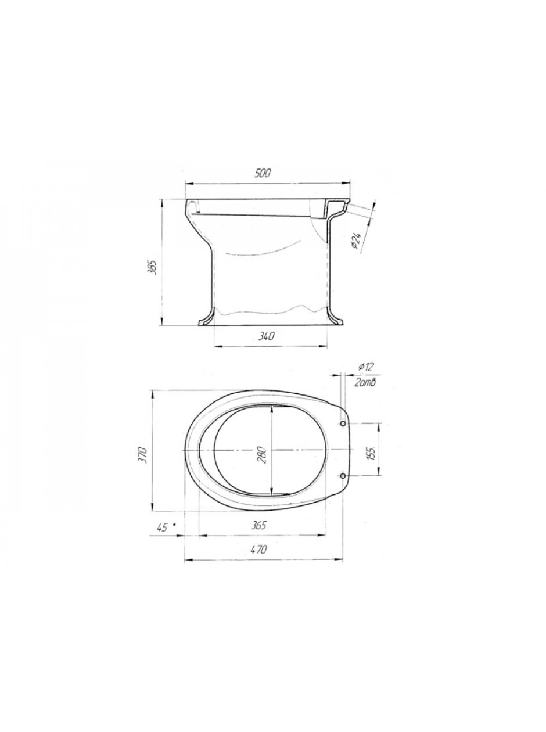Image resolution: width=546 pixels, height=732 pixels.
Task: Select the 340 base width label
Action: coord(266,337)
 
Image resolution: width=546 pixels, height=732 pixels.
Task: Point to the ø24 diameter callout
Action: coord(356,241)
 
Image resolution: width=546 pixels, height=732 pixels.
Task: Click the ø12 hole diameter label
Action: coord(366,367)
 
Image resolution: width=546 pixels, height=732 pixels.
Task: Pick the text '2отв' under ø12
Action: coord(366,383)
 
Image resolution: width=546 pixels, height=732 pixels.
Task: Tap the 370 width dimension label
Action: coord(144,453)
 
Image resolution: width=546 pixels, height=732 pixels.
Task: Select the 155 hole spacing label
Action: coord(372,453)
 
